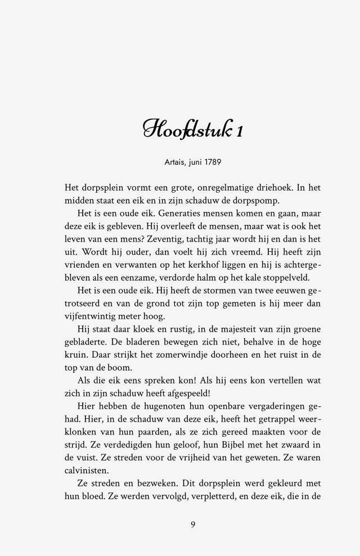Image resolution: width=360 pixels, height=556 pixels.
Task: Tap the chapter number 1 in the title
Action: [240, 130]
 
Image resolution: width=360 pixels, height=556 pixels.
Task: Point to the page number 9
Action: [193, 524]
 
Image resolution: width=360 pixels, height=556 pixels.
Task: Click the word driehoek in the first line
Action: [268, 188]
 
